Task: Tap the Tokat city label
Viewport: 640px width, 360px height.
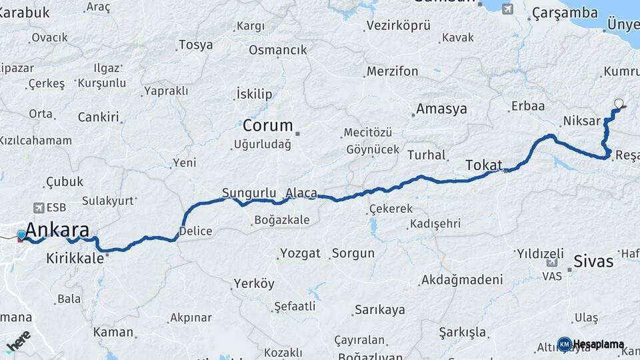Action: (483, 165)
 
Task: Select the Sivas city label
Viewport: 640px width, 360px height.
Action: (593, 260)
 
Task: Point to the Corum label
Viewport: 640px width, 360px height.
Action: (267, 125)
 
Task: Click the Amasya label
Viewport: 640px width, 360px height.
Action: (441, 109)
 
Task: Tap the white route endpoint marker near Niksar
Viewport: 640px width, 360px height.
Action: (619, 103)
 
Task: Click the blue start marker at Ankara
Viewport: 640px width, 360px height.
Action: (21, 235)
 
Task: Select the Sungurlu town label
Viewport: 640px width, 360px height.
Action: (249, 193)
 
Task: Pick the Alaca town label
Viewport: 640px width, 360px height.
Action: (301, 193)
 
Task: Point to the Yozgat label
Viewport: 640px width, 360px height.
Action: (300, 253)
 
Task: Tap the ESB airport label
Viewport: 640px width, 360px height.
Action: (56, 208)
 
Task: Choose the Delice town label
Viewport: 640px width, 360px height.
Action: (195, 231)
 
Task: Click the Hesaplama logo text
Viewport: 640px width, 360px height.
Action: (598, 344)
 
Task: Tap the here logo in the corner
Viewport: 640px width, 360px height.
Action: (18, 341)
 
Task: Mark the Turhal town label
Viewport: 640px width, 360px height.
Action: (427, 155)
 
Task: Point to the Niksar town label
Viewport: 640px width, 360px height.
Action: (577, 121)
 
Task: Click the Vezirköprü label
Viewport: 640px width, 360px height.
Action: (398, 25)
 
